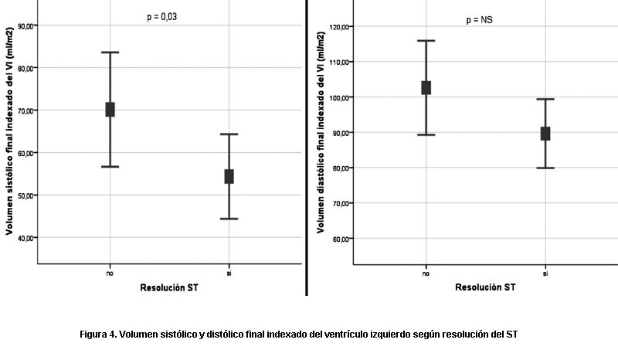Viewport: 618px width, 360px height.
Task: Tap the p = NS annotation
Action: click(479, 20)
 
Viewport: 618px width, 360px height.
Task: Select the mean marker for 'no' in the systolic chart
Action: click(110, 110)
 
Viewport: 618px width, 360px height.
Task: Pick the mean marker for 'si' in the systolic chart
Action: click(229, 176)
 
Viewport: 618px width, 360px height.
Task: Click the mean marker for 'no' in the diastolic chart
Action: click(426, 87)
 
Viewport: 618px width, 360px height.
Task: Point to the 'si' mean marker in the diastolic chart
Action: click(545, 134)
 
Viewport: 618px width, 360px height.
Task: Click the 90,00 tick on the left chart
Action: click(25, 26)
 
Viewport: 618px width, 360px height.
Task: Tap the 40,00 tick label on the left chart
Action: click(25, 237)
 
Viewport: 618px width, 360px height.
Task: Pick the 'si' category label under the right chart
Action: click(545, 273)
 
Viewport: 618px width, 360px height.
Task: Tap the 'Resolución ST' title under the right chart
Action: click(484, 288)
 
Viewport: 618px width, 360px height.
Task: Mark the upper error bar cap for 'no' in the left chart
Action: click(110, 53)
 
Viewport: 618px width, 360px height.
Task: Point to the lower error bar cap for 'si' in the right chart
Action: click(545, 168)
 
